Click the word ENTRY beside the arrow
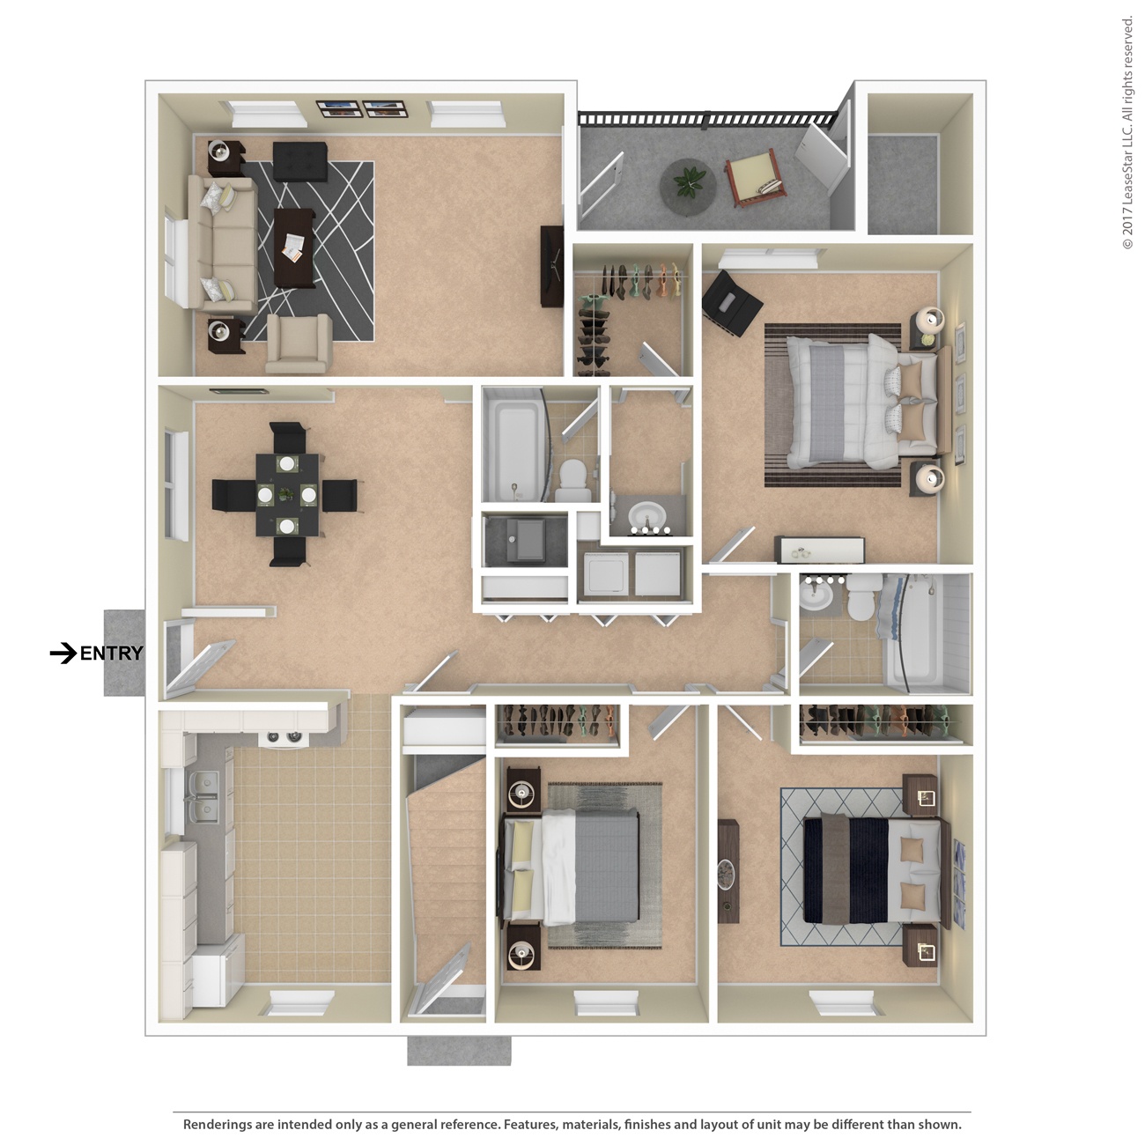tap(111, 654)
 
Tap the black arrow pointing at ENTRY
tap(63, 654)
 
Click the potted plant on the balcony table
tap(689, 182)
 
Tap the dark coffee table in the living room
tap(294, 247)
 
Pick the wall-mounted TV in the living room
tap(552, 266)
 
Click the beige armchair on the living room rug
tap(299, 343)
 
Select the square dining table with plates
tap(287, 495)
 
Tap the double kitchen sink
tap(202, 796)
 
